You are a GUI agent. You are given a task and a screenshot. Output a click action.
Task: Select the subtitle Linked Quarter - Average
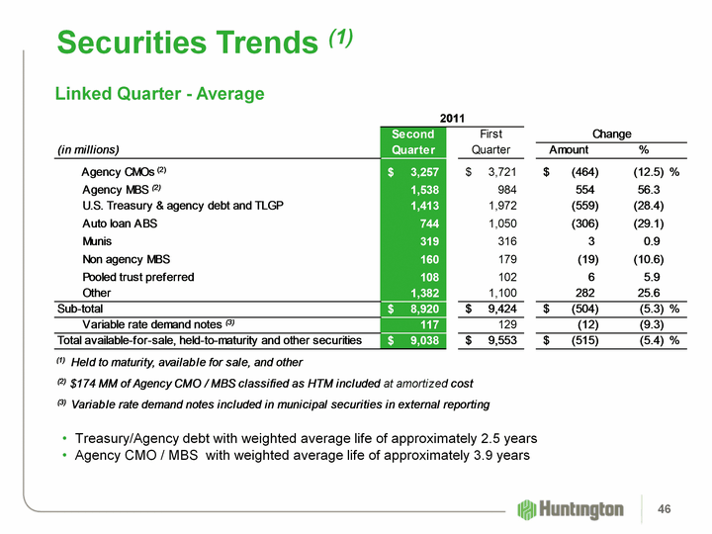[x=158, y=94]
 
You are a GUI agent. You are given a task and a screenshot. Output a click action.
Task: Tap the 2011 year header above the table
[x=452, y=118]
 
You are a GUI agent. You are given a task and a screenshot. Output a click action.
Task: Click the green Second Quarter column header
[x=412, y=142]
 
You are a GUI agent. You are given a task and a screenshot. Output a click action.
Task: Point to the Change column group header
[x=611, y=134]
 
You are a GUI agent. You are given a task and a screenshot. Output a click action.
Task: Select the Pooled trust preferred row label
[x=137, y=277]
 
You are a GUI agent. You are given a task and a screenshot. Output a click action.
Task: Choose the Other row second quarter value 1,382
[x=416, y=294]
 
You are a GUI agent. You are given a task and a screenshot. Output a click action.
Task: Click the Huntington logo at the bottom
[x=571, y=508]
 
